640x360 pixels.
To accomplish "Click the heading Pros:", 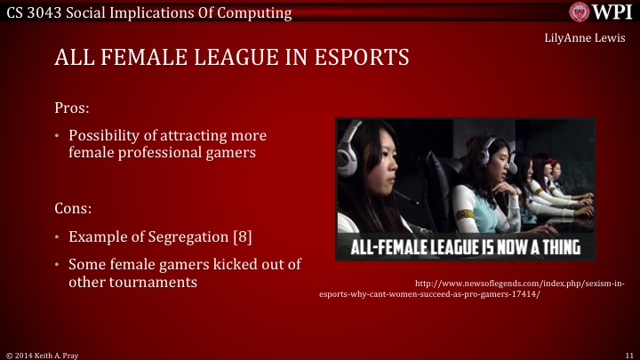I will [72, 107].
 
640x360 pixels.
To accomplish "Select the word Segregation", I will [185, 237].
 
